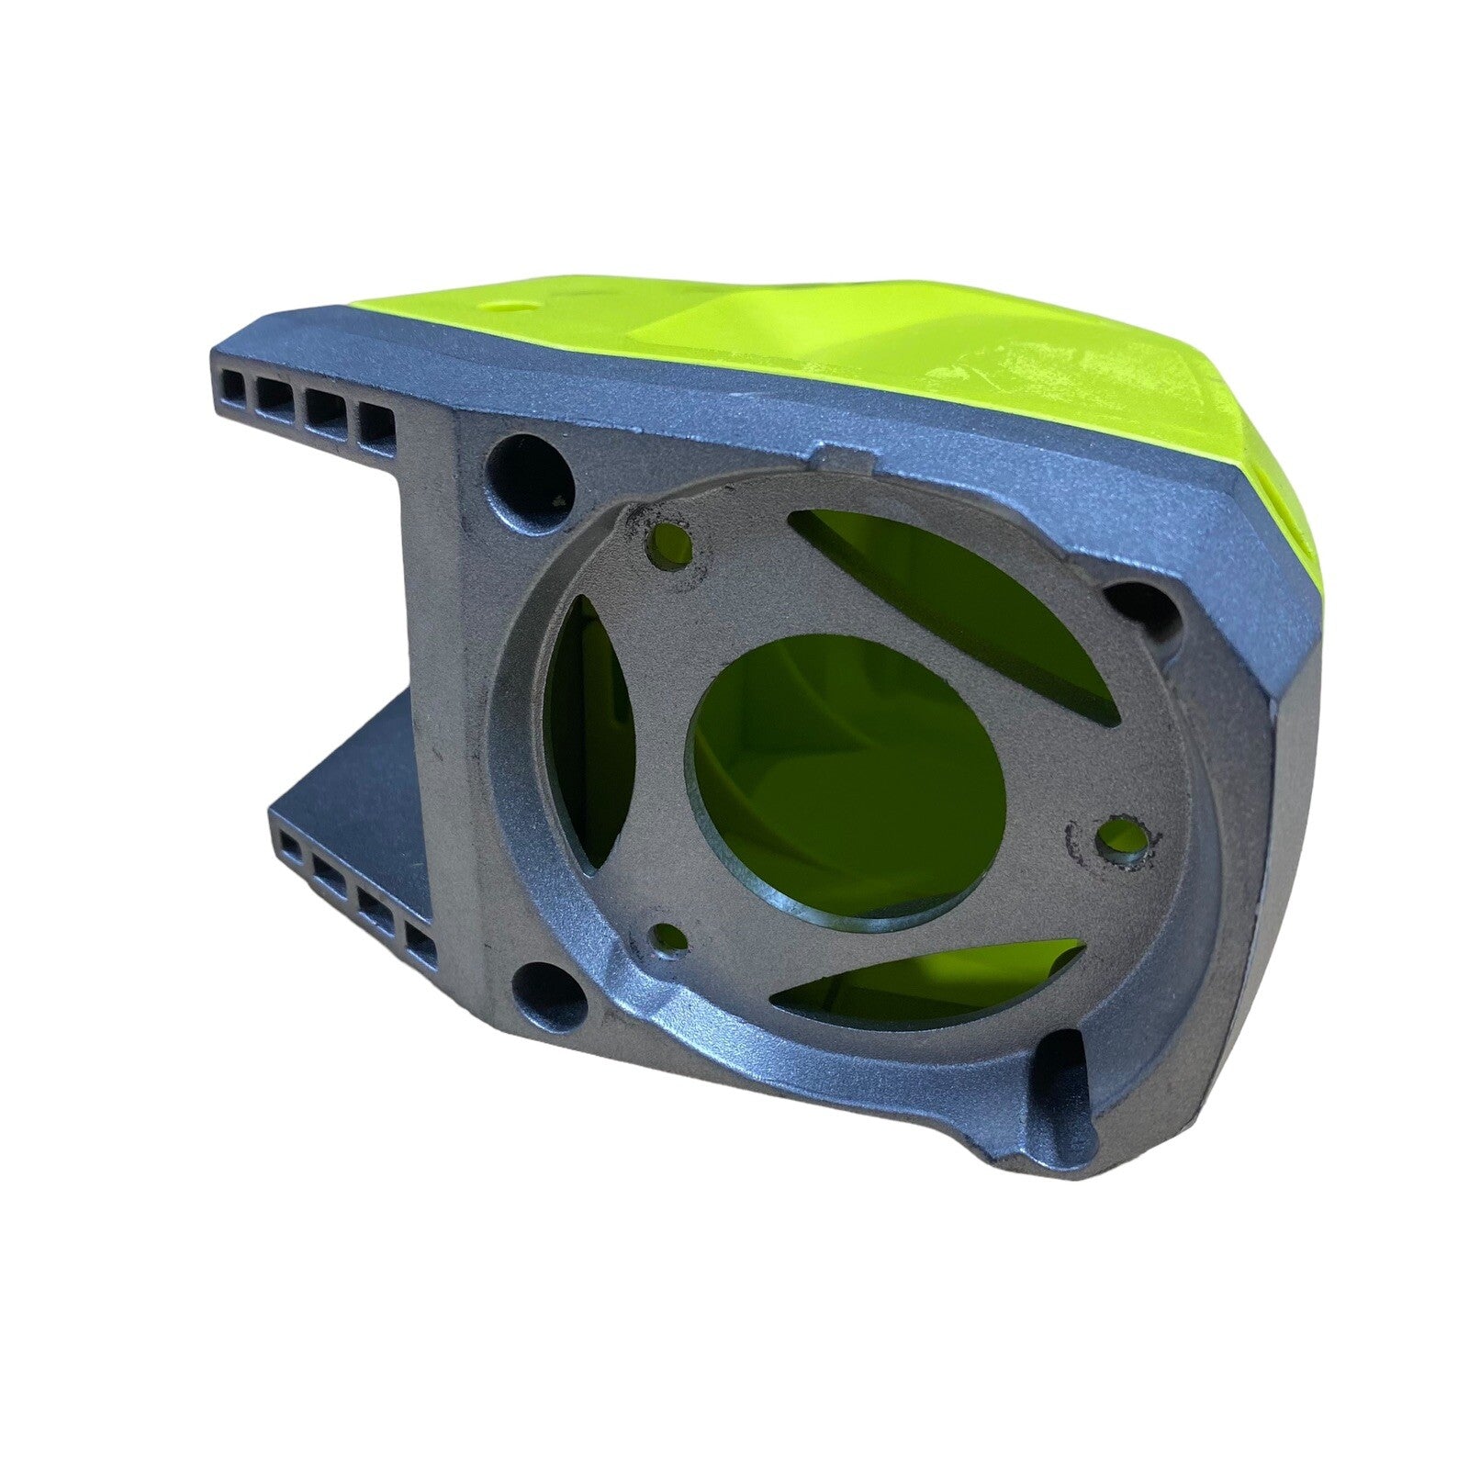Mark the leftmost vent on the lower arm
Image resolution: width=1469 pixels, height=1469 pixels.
[290, 845]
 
